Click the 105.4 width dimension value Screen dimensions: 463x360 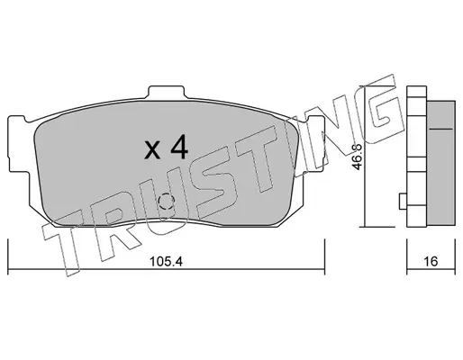tap(166, 262)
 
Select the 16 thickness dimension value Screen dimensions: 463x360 tap(431, 262)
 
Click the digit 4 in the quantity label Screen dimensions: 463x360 tap(179, 147)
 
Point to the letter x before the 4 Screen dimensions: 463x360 tap(152, 150)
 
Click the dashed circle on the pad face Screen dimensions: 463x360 tap(167, 202)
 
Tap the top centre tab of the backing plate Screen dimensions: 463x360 tap(166, 93)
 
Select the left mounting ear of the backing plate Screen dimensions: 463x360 tap(19, 145)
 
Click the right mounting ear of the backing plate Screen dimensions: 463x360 tap(314, 144)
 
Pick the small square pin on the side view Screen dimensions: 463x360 tap(403, 202)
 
